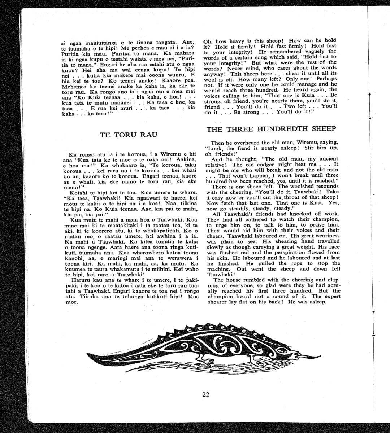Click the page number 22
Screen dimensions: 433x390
click(205, 394)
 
